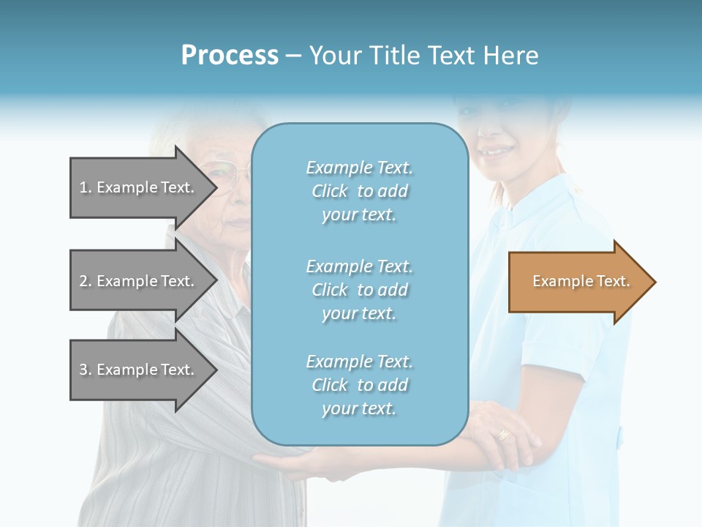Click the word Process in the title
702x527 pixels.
[x=230, y=56]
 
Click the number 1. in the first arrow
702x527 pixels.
[x=86, y=187]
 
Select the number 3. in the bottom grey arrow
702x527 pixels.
[x=86, y=370]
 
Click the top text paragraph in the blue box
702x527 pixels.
[x=359, y=191]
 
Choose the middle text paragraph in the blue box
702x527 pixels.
[x=359, y=290]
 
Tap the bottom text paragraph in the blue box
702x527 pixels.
[x=359, y=385]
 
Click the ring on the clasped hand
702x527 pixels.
[x=503, y=434]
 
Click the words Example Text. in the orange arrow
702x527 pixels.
[x=581, y=281]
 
